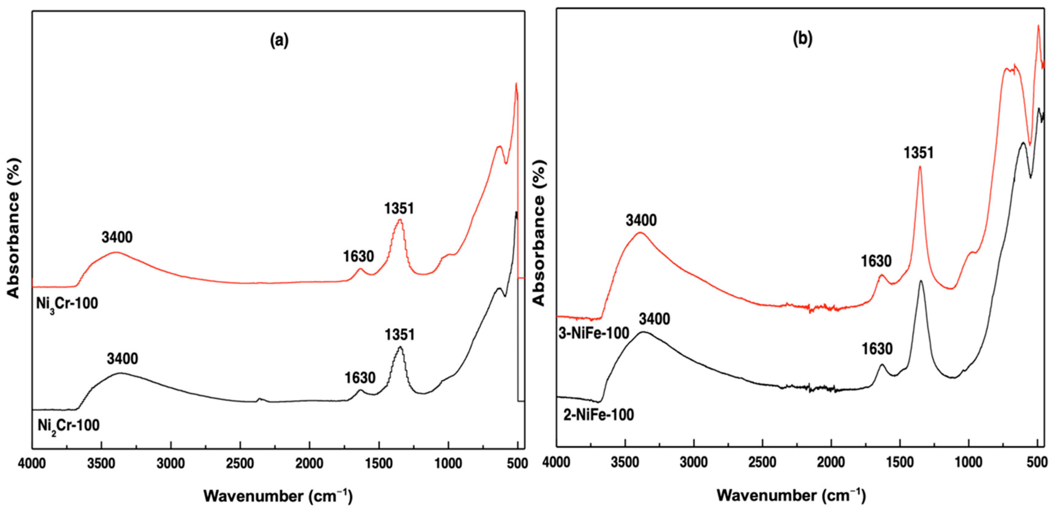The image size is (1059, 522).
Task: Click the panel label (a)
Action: pyautogui.click(x=279, y=41)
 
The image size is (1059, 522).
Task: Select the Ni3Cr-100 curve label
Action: pyautogui.click(x=67, y=304)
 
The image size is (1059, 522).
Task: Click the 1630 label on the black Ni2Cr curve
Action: pyautogui.click(x=360, y=377)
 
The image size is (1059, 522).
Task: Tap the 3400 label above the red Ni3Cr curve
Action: pyautogui.click(x=117, y=237)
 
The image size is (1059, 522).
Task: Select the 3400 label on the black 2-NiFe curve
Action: pyautogui.click(x=654, y=319)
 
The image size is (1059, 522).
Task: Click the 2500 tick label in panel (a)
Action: pyautogui.click(x=240, y=463)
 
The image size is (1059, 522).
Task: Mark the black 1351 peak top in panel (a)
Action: pyautogui.click(x=400, y=347)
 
